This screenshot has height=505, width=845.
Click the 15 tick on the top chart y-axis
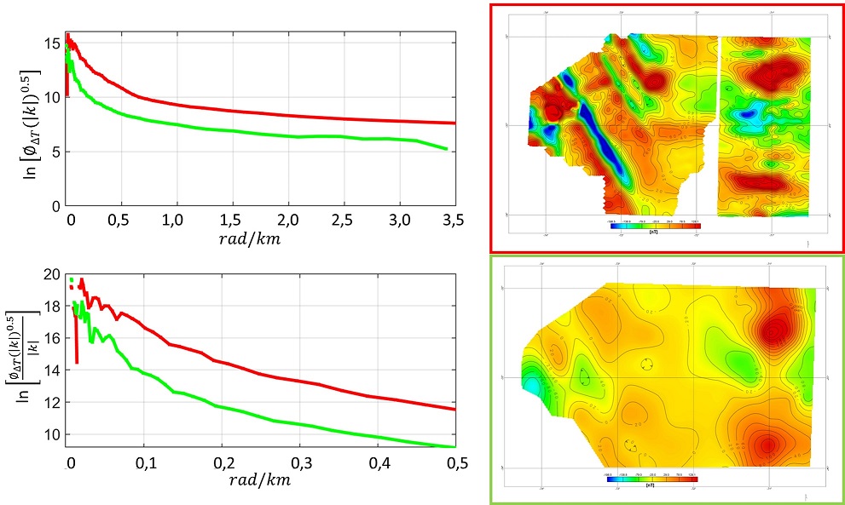pos(54,42)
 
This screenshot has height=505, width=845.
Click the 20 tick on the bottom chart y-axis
pos(52,275)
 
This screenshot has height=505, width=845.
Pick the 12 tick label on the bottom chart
pos(52,402)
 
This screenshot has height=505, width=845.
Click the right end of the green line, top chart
pos(446,149)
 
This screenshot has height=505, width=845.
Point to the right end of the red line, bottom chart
pos(454,410)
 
